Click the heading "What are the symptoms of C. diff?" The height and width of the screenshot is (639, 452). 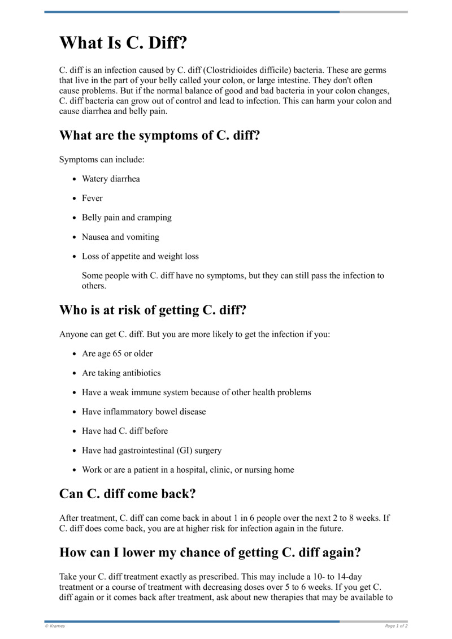pos(159,136)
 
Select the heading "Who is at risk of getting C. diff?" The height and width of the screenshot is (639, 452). pos(153,310)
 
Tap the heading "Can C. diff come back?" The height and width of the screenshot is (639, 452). pos(127,494)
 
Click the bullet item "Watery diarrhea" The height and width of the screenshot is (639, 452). pos(111,179)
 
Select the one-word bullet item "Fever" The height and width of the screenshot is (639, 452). pos(92,198)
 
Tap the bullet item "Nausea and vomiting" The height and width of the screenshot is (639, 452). pos(120,237)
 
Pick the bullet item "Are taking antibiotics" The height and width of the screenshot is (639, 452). pos(121,373)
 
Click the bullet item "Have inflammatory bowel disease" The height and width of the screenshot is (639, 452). pos(144,412)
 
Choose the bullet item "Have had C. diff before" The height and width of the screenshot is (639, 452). pos(124,431)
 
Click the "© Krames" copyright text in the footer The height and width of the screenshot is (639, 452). pos(55,626)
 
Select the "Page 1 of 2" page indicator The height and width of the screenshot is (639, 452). pos(396,626)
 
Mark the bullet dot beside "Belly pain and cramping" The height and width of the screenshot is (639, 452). pos(75,218)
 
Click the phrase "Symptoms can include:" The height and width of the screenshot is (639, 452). pos(102,160)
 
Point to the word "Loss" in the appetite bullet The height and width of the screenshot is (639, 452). pos(91,256)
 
